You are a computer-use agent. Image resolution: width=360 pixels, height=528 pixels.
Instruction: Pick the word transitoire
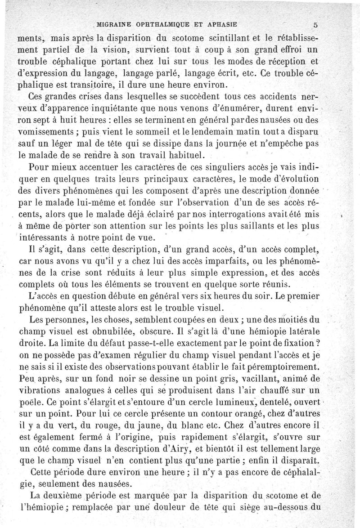(100, 86)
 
